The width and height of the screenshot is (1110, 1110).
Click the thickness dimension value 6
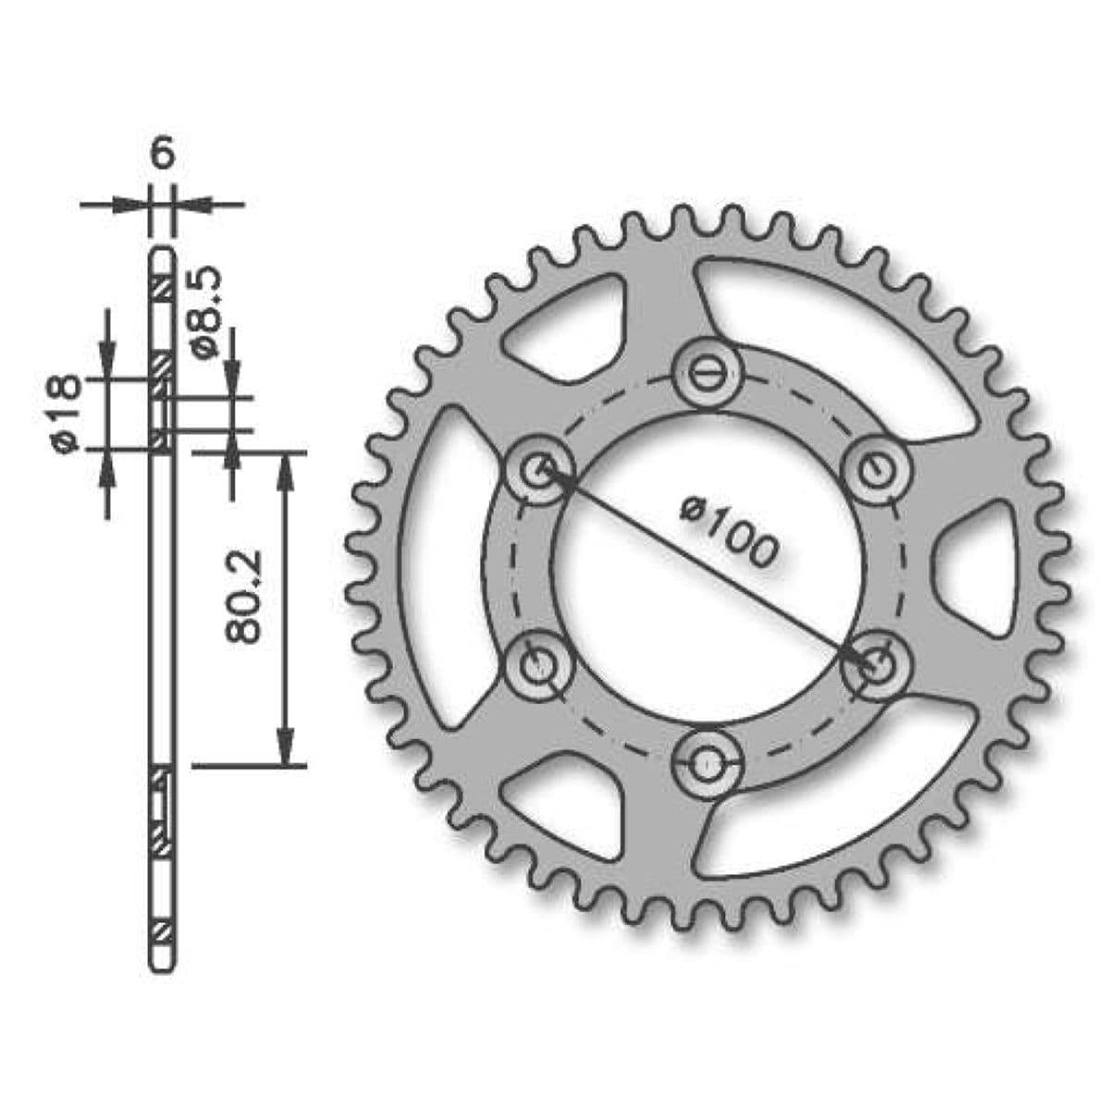pos(161,154)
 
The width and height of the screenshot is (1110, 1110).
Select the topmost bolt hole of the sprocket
pos(709,373)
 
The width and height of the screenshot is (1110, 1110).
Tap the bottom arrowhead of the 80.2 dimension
pos(287,749)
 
